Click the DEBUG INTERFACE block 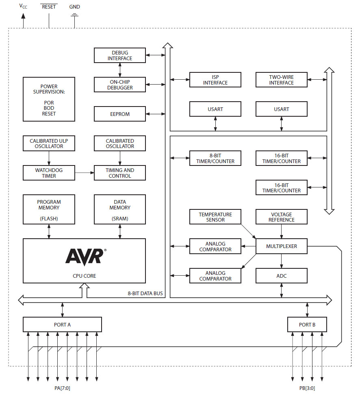coord(119,55)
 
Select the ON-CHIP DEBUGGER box coord(119,84)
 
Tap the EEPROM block coord(119,114)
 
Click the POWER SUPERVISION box coord(49,99)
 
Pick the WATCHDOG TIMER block coord(49,173)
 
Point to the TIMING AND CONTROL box coord(119,173)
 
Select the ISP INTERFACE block coord(215,80)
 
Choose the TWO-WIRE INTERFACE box coord(281,80)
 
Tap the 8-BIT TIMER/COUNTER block coord(215,158)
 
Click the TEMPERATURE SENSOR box coord(215,217)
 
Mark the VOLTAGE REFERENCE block coord(281,217)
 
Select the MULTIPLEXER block coord(281,246)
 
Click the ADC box coord(281,276)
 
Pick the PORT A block coord(62,324)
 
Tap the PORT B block coord(307,324)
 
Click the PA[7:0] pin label coord(62,388)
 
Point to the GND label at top coord(75,7)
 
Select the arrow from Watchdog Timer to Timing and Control coord(85,173)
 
